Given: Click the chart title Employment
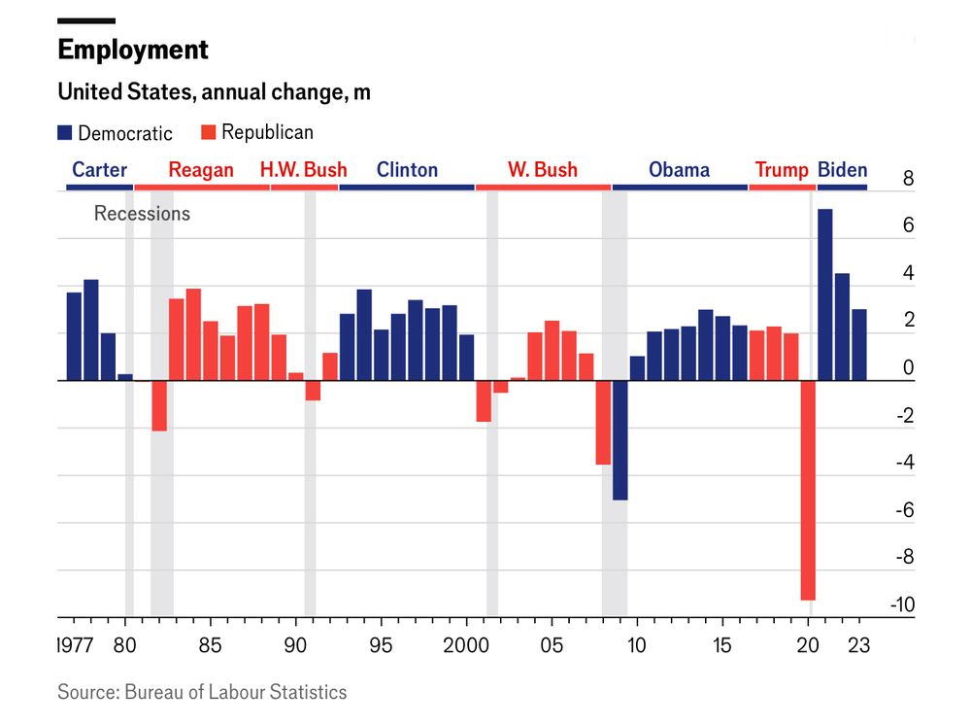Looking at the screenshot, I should (133, 50).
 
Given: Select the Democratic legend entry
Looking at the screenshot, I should (115, 133).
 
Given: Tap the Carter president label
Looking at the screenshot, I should (99, 170).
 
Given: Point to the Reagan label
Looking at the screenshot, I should (201, 170).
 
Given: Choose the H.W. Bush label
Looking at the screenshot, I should (303, 170).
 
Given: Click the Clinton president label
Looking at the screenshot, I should (407, 170).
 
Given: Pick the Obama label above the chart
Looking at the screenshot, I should (679, 170).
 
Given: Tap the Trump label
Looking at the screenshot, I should (782, 170).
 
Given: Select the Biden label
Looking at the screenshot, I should (842, 170).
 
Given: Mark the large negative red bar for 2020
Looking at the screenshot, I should (807, 490).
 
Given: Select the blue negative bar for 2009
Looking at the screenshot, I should (619, 439).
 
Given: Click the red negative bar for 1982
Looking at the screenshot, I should (159, 405).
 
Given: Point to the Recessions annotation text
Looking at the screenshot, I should (142, 214).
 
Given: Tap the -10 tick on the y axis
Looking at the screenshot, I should (902, 605).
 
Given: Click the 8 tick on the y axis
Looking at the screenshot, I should (908, 179).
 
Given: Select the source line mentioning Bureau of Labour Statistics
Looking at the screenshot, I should (202, 692).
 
